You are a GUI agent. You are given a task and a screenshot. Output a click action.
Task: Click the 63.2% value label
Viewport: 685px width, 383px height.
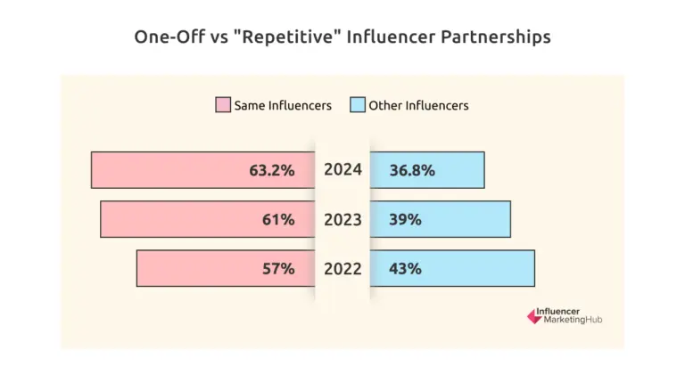tap(272, 170)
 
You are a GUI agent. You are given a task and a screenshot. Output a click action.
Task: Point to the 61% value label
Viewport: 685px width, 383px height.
tap(277, 219)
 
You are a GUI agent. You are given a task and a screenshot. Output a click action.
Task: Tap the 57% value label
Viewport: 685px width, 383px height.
tap(277, 268)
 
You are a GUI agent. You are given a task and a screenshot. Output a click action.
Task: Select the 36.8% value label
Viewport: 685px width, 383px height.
tap(412, 170)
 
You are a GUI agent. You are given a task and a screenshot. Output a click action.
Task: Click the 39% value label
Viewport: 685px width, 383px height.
tap(405, 219)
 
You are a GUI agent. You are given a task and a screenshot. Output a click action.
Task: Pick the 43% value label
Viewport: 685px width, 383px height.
tap(405, 268)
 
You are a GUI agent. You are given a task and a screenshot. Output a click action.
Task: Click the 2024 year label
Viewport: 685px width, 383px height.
tap(342, 169)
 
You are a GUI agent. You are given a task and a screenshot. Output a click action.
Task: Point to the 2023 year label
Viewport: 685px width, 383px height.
tap(342, 219)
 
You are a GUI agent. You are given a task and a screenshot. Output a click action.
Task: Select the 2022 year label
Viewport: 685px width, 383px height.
tap(342, 268)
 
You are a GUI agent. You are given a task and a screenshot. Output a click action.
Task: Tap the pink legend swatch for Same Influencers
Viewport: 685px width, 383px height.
tap(222, 105)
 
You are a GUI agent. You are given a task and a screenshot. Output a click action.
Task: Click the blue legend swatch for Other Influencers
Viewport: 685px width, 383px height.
tap(357, 105)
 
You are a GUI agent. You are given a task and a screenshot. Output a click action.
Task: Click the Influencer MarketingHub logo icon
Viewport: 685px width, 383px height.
tap(533, 315)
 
